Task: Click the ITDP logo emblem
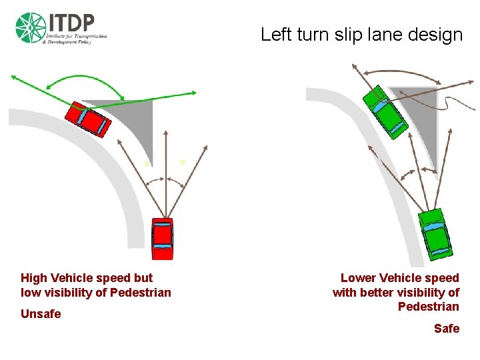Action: pos(29,28)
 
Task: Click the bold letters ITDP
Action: pos(70,21)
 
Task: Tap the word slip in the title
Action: pos(337,35)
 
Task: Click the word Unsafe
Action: pos(41,313)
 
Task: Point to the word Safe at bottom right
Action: pos(447,328)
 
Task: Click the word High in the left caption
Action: pos(34,277)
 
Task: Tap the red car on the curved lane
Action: pos(89,119)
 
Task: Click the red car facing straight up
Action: pos(162,237)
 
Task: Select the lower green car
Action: pos(437,232)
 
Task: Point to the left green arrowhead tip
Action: pos(11,75)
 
